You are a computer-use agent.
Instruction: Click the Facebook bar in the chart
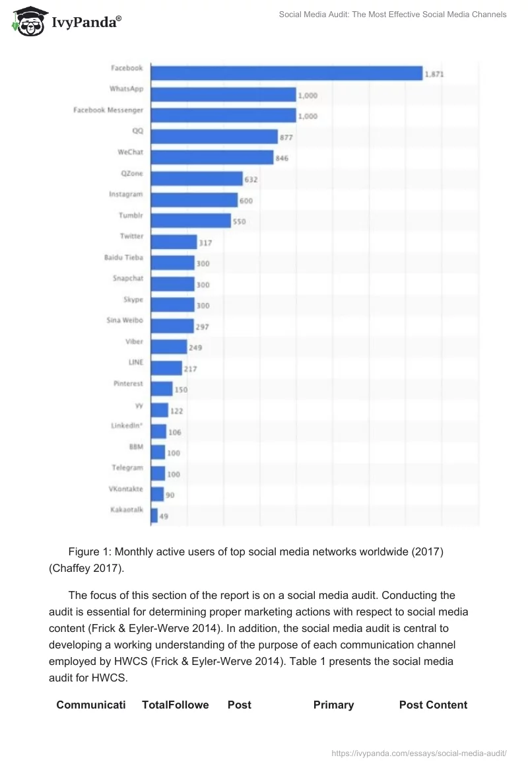click(286, 73)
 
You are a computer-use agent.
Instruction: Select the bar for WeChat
click(212, 157)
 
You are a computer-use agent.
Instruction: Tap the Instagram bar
click(194, 199)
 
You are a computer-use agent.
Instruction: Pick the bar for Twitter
click(174, 242)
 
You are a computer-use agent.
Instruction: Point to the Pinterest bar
click(162, 389)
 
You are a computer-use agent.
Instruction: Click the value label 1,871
click(434, 75)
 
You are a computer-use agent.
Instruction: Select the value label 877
click(286, 137)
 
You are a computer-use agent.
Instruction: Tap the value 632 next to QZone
click(251, 180)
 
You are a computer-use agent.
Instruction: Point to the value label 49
click(164, 516)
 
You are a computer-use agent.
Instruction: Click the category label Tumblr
click(131, 215)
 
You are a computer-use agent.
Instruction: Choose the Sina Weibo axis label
click(125, 320)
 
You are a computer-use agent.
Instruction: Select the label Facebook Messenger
click(108, 110)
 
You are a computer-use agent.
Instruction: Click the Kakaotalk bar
click(154, 515)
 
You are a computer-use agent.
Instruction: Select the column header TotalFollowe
click(175, 705)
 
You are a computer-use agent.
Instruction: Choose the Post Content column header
click(433, 705)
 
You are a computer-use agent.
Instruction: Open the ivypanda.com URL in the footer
click(418, 752)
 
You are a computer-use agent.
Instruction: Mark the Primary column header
click(333, 705)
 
